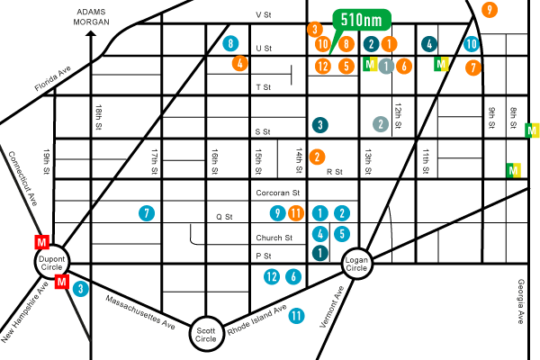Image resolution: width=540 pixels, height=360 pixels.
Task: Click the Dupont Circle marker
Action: pyautogui.click(x=51, y=262)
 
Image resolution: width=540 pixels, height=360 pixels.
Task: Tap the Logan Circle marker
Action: pyautogui.click(x=356, y=264)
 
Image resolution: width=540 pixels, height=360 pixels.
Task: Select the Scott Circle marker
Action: pyautogui.click(x=206, y=333)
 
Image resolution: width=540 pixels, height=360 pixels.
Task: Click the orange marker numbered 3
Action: pyautogui.click(x=315, y=29)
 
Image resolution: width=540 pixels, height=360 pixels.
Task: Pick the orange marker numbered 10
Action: pyautogui.click(x=323, y=43)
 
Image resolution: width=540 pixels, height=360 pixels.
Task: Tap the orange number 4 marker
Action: pyautogui.click(x=239, y=63)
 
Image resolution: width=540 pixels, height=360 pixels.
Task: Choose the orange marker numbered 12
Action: pyautogui.click(x=323, y=66)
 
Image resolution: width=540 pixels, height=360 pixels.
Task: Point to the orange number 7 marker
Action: pyautogui.click(x=473, y=67)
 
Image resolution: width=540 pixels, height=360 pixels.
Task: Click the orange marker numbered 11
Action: pyautogui.click(x=297, y=213)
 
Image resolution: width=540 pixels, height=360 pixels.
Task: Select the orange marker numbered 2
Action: pyautogui.click(x=317, y=157)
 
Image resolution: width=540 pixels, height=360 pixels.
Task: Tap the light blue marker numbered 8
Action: pyautogui.click(x=231, y=43)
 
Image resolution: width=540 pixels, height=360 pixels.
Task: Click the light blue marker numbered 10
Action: pyautogui.click(x=472, y=43)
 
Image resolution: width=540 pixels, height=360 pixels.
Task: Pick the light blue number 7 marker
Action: pyautogui.click(x=147, y=213)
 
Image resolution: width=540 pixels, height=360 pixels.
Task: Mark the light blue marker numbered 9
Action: pyautogui.click(x=278, y=213)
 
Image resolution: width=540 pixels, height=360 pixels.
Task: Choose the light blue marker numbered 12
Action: pyautogui.click(x=272, y=276)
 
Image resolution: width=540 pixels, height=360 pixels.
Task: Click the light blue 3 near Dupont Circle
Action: pyautogui.click(x=81, y=289)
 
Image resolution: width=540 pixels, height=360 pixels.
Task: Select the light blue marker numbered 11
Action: pyautogui.click(x=296, y=316)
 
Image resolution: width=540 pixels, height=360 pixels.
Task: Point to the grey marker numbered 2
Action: pyautogui.click(x=381, y=124)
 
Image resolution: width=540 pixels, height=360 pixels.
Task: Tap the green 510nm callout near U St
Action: pyautogui.click(x=362, y=20)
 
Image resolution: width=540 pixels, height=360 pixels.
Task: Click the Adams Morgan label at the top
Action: pyautogui.click(x=93, y=16)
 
